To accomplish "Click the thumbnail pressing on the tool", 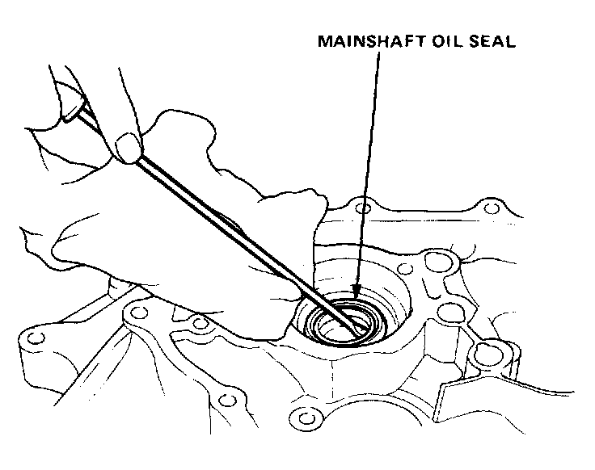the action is [x=125, y=146].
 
